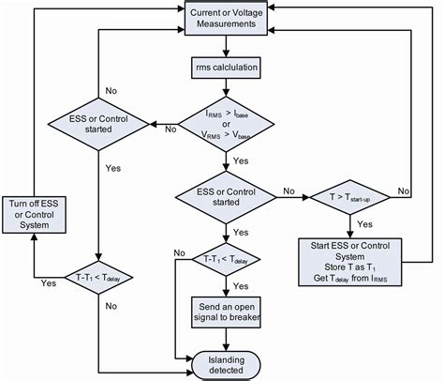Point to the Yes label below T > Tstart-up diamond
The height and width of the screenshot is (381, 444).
[364, 224]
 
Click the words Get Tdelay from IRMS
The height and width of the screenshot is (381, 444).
[351, 275]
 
